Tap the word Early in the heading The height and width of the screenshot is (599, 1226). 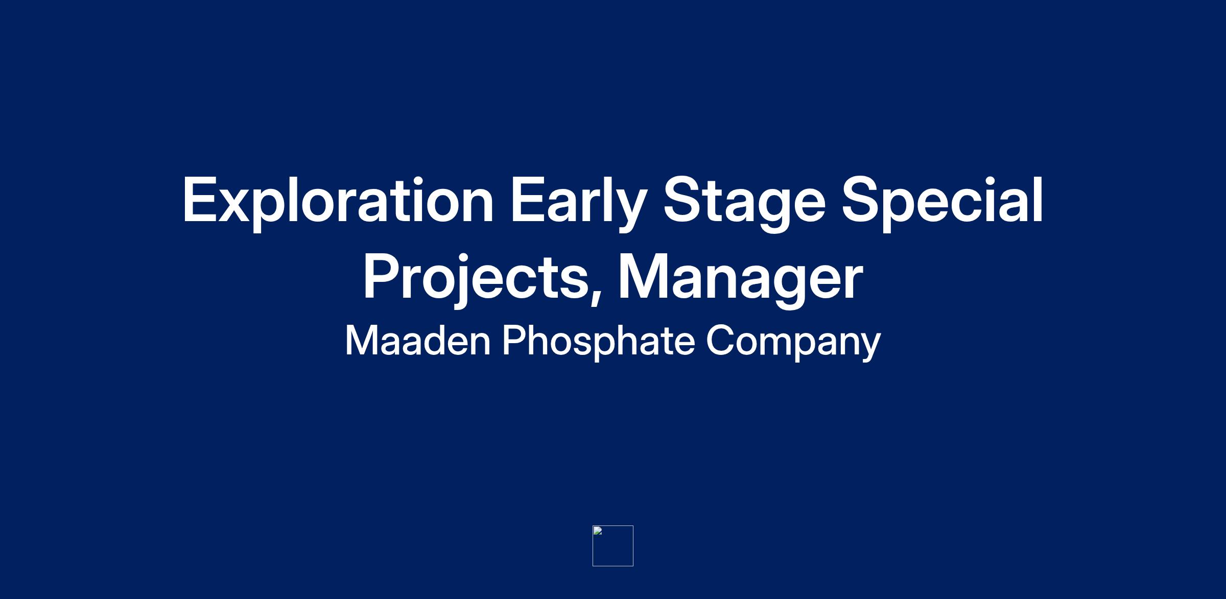click(x=579, y=203)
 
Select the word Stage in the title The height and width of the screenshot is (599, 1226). click(x=744, y=203)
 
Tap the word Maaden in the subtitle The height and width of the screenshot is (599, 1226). click(x=418, y=341)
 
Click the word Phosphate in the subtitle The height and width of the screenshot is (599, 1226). click(x=598, y=342)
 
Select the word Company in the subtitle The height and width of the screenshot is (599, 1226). click(x=793, y=342)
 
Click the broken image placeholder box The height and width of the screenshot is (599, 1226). click(x=613, y=546)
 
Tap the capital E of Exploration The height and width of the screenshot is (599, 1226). click(x=200, y=200)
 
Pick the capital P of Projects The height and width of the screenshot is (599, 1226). click(x=381, y=276)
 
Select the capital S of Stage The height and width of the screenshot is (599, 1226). click(x=681, y=200)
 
